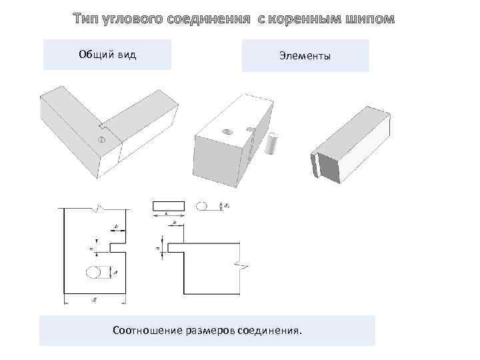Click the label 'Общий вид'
pos(107,55)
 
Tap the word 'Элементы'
pos(305,56)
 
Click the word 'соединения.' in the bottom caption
pos(269,329)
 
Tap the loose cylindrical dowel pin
pos(271,143)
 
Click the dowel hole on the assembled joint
pos(101,139)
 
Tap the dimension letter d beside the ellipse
pos(116,273)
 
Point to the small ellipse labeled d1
pos(203,205)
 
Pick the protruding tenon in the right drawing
pos(174,247)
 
